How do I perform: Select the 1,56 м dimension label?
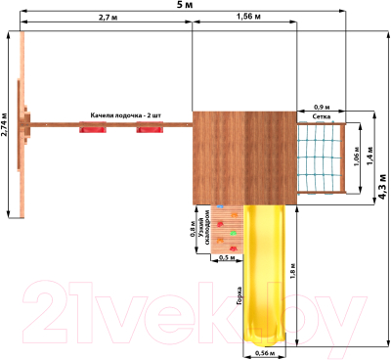click(x=248, y=19)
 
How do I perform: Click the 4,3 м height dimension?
click(x=380, y=192)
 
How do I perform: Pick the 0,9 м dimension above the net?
click(x=321, y=107)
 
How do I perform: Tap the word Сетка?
click(x=321, y=116)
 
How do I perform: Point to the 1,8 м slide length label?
click(x=293, y=270)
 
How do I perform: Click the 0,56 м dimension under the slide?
click(x=264, y=353)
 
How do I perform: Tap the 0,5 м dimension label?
click(x=226, y=259)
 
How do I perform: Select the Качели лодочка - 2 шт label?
click(x=125, y=114)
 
